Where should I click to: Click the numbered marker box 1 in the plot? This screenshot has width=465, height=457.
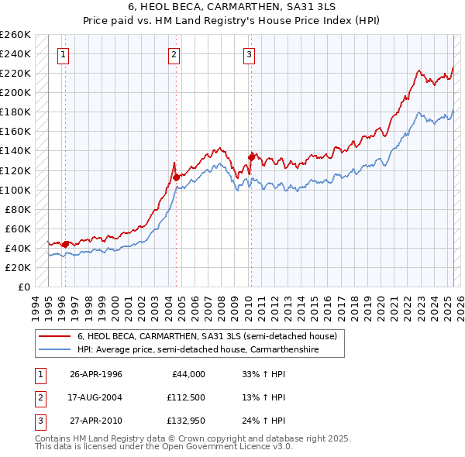click(x=63, y=54)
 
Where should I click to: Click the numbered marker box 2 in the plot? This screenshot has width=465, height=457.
click(x=174, y=54)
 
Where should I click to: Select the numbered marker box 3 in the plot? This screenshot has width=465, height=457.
click(x=249, y=54)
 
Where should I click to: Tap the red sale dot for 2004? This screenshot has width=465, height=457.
click(x=177, y=177)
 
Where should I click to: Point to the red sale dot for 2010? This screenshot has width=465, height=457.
click(x=251, y=157)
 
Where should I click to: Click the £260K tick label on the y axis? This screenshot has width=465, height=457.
click(x=15, y=35)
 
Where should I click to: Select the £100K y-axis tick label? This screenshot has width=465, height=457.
click(x=15, y=190)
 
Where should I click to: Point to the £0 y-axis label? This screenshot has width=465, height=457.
click(x=24, y=287)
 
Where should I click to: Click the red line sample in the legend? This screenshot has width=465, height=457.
click(x=54, y=337)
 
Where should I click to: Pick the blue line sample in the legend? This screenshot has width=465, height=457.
click(x=54, y=350)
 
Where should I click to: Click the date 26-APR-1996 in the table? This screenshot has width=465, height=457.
click(x=96, y=374)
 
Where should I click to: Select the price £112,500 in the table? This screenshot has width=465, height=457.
click(x=185, y=398)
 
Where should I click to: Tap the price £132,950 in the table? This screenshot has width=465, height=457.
click(x=185, y=422)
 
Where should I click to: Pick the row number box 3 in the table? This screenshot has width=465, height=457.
click(x=38, y=422)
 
